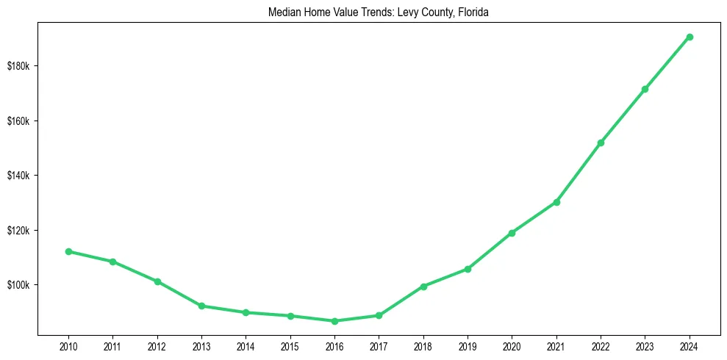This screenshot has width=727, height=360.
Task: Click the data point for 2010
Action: [x=68, y=251]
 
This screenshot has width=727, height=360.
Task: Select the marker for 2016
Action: [x=334, y=321]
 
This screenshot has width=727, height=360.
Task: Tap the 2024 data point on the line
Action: [x=690, y=37]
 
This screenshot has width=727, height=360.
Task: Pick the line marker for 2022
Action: [x=601, y=143]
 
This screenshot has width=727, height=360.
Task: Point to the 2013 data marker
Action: [x=201, y=306]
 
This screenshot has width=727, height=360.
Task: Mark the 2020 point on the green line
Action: [x=512, y=233]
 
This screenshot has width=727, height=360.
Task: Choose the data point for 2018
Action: [x=423, y=287]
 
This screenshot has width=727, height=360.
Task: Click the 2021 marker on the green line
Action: [x=556, y=202]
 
